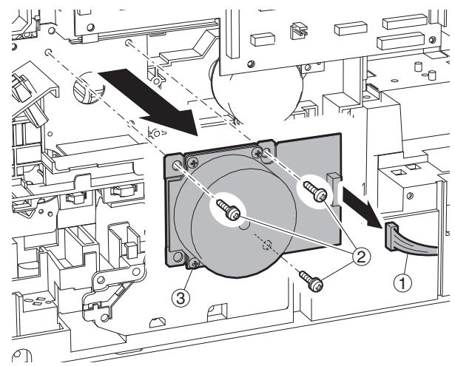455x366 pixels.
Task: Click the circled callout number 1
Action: tap(402, 282)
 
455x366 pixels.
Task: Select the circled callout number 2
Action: tap(361, 257)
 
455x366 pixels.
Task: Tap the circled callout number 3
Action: tap(181, 298)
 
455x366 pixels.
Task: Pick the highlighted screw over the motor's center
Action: tap(229, 210)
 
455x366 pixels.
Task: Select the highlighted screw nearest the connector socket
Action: tap(315, 191)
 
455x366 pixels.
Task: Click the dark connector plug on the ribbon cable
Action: tap(391, 236)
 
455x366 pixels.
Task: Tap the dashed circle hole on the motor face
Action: tap(266, 245)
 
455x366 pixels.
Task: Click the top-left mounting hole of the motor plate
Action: tap(176, 166)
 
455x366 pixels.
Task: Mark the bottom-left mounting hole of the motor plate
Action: tap(177, 257)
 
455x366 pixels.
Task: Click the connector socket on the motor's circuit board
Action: tap(333, 189)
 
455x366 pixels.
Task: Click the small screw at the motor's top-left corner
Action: tap(193, 162)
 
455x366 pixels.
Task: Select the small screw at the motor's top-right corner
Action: tap(257, 152)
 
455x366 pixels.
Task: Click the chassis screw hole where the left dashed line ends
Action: tap(48, 52)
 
